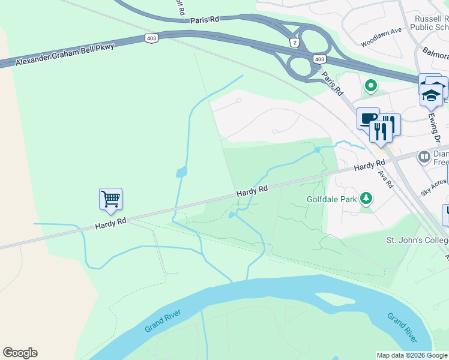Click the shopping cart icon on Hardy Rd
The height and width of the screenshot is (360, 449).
click(110, 199)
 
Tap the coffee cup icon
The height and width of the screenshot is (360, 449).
click(367, 118)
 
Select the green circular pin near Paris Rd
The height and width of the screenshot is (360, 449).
click(371, 86)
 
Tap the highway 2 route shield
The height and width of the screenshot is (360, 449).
click(294, 42)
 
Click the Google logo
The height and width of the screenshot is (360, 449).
click(20, 353)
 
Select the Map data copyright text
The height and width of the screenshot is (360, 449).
click(412, 355)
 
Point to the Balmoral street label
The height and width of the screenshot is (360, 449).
click(435, 54)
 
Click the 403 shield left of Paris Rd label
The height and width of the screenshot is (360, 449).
click(151, 38)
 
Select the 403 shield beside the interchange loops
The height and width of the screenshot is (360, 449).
click(319, 59)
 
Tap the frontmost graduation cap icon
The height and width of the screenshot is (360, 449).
click(432, 95)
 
